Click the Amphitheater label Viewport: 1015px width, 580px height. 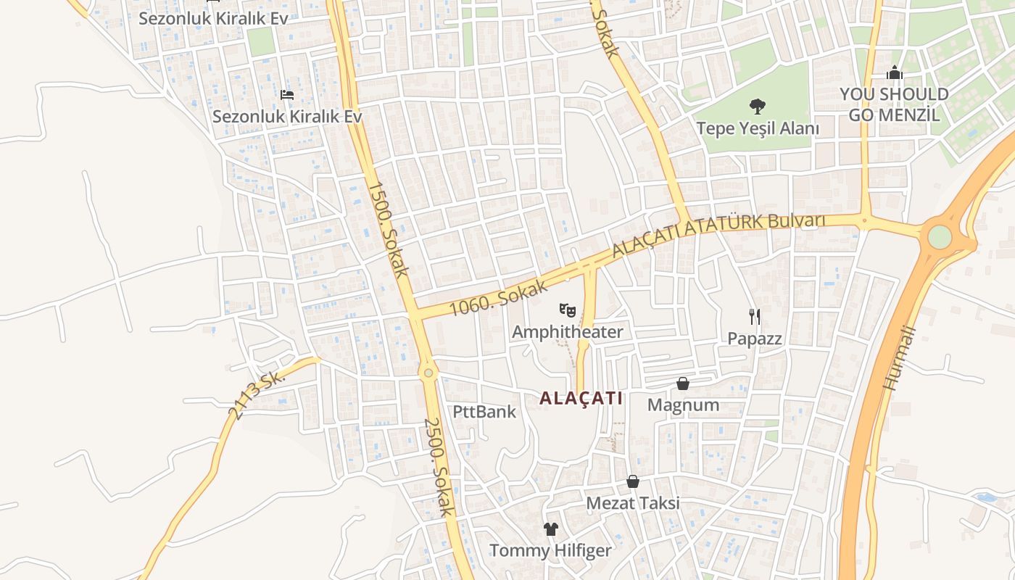coord(567,332)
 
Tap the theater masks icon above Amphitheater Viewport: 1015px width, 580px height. coord(567,310)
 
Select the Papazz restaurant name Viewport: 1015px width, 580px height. coord(755,339)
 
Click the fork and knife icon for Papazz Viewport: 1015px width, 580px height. coord(755,316)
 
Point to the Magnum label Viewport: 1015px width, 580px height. coord(683,405)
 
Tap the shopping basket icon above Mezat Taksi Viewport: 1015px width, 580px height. coord(633,481)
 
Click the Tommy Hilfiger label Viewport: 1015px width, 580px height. coord(550,550)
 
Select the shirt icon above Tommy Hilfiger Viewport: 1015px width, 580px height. coord(551,529)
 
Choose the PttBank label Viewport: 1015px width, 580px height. coord(484,412)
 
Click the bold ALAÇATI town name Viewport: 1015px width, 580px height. coord(581,398)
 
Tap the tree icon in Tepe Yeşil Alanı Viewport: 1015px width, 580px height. coord(758,107)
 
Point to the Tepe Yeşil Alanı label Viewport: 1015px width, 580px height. coord(758,129)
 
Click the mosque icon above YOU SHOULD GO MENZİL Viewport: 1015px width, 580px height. coord(895,72)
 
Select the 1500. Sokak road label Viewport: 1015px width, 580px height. coord(388,229)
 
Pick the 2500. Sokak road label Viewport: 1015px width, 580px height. coord(438,467)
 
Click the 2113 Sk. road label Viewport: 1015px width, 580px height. coord(256,396)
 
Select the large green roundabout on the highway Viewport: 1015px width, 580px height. coord(939,236)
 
